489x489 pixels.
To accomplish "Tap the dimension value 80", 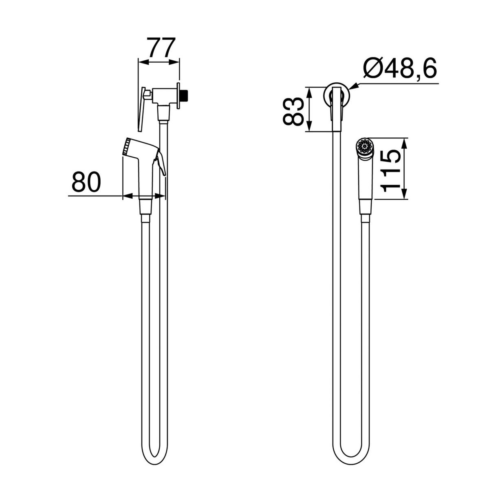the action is tap(86, 181).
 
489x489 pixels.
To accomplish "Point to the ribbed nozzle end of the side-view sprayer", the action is tap(126, 147).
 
